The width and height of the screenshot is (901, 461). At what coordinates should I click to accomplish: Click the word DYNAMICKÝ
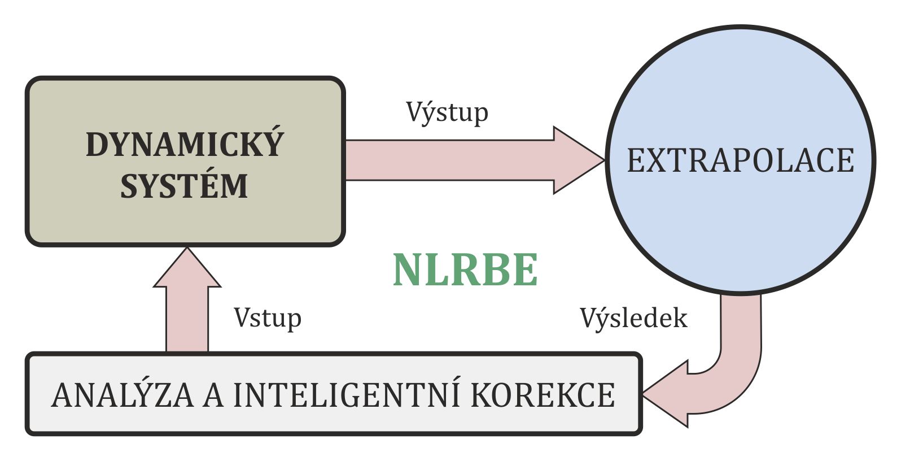pos(185,145)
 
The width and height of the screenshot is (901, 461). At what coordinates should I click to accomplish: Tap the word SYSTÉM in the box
pos(185,186)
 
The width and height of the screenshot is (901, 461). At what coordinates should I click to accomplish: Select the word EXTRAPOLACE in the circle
pos(740,160)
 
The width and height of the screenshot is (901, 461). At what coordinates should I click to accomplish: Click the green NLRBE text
pos(465,271)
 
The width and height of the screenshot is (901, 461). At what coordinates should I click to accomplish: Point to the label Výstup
pos(447,112)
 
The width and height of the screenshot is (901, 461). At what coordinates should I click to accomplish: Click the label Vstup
pos(268,318)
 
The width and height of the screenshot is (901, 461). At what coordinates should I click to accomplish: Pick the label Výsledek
pos(633,319)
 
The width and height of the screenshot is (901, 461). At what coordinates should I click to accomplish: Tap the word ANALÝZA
pos(123,395)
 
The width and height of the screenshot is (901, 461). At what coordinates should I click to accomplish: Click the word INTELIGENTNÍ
pos(346,395)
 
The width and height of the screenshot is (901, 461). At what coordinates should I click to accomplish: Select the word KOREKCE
pos(543,395)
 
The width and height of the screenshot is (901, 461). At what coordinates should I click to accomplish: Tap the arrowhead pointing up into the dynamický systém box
pos(187,269)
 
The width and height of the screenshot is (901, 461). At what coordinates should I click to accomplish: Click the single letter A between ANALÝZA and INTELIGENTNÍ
pos(213,395)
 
